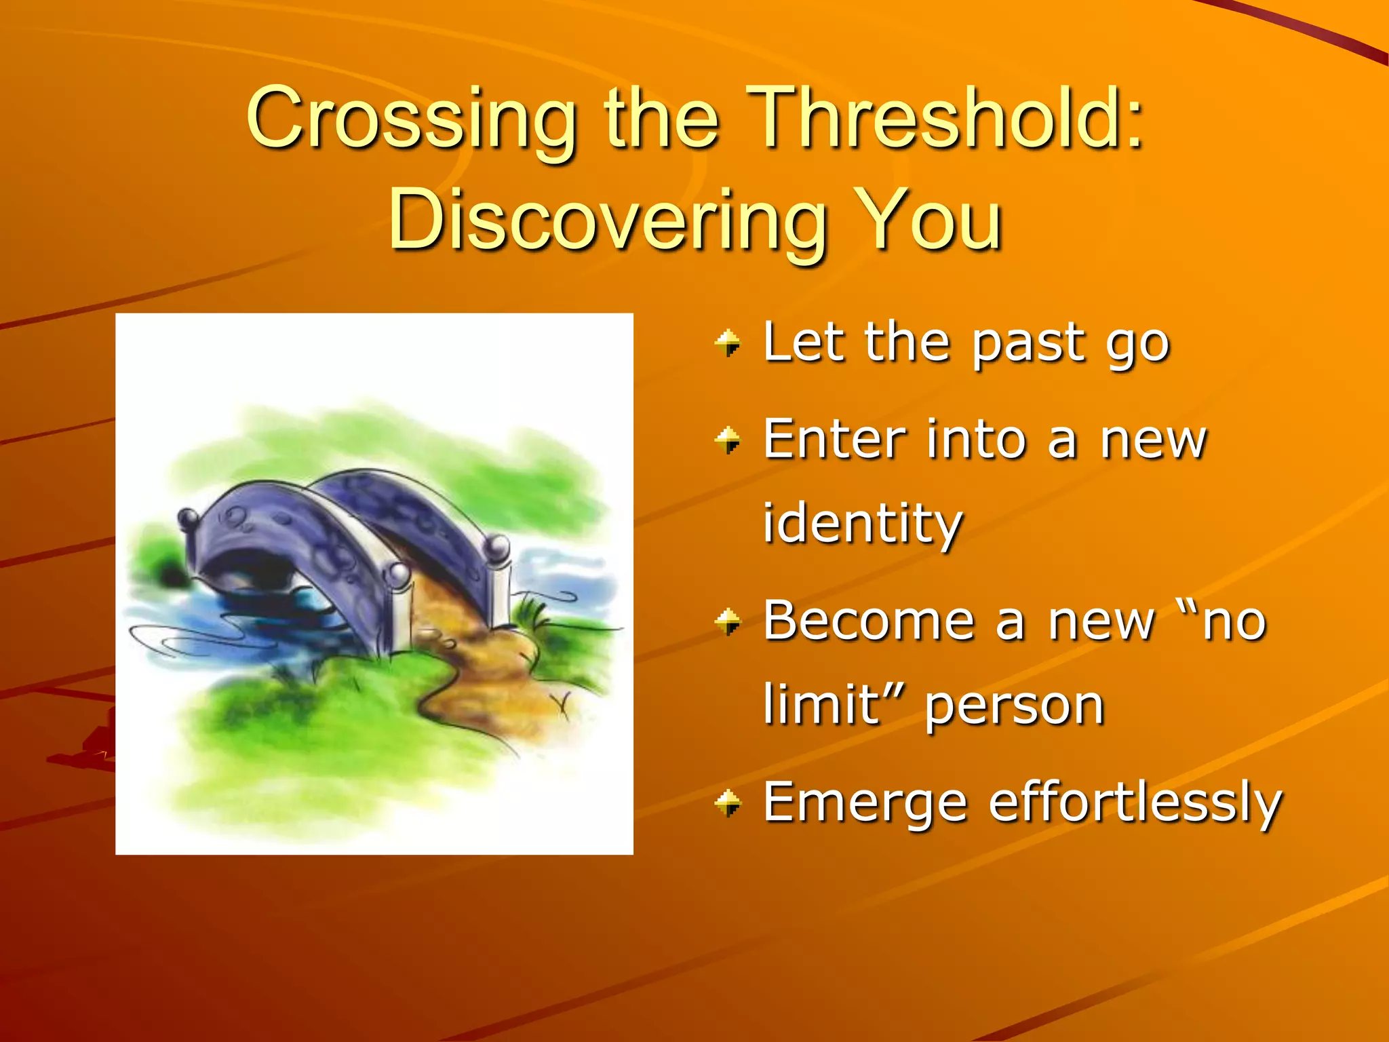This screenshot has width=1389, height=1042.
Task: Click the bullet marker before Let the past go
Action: pyautogui.click(x=728, y=343)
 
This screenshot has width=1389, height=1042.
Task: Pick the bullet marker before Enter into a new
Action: pyautogui.click(x=728, y=440)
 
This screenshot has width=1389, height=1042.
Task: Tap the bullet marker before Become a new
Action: pyautogui.click(x=728, y=621)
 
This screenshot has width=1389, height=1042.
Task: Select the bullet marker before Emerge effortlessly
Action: pyautogui.click(x=728, y=803)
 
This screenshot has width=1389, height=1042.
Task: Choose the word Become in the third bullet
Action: pyautogui.click(x=869, y=620)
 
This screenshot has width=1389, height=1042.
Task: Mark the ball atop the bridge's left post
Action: pyautogui.click(x=189, y=519)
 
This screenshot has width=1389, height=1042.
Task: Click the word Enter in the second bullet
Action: pyautogui.click(x=834, y=440)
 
